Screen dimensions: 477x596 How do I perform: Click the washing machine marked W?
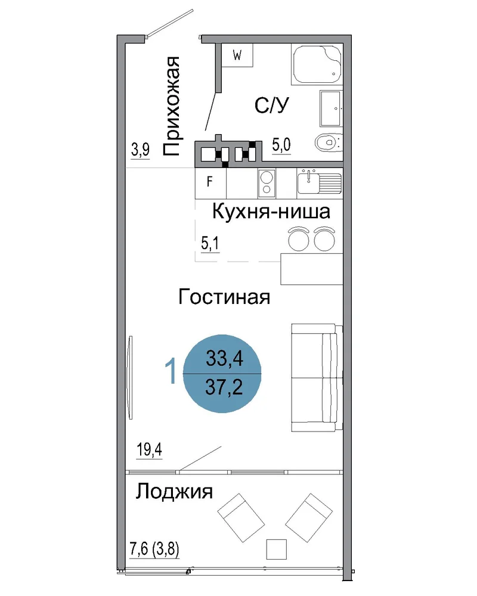tap(237, 55)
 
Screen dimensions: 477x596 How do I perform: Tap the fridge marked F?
tap(210, 183)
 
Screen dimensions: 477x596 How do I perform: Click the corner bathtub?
tap(317, 64)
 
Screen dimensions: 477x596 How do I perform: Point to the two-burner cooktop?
tap(267, 183)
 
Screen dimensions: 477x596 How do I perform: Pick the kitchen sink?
tap(320, 182)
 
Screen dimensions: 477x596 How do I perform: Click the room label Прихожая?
tap(172, 107)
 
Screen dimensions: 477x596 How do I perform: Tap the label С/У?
tap(272, 105)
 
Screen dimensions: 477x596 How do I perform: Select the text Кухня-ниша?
tap(271, 212)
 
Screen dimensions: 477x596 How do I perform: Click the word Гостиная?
tap(224, 297)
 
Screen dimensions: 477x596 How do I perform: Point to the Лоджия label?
tap(174, 492)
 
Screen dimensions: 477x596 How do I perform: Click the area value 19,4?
tap(150, 450)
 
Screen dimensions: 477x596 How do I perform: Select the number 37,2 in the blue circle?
tap(224, 387)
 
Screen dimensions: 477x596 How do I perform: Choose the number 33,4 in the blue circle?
tap(224, 358)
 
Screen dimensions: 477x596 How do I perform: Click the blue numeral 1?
tap(171, 371)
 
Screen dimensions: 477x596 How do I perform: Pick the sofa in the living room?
tap(317, 377)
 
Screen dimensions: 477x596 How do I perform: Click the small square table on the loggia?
tap(276, 549)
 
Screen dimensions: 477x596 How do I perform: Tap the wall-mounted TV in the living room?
tap(130, 377)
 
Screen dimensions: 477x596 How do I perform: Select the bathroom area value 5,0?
tap(281, 145)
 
